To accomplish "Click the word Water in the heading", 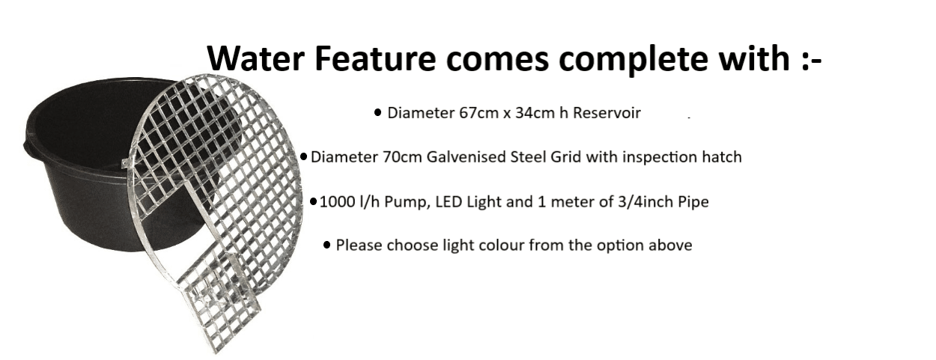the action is pyautogui.click(x=256, y=58).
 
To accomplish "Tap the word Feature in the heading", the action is pyautogui.click(x=375, y=58).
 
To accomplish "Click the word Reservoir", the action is pyautogui.click(x=607, y=113).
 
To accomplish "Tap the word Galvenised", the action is pyautogui.click(x=467, y=157).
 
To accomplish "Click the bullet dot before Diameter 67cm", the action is pyautogui.click(x=377, y=112).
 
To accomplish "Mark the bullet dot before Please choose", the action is pyautogui.click(x=327, y=245).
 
